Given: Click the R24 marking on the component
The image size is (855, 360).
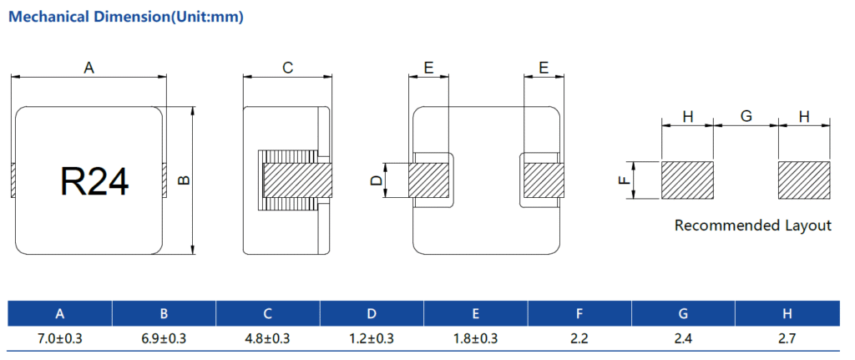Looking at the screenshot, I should coord(95,180).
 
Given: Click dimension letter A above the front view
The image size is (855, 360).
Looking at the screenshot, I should coord(89,68).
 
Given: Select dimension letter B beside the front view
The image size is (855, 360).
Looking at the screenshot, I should coord(185,180).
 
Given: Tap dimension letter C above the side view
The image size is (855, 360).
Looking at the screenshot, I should coord(287,68).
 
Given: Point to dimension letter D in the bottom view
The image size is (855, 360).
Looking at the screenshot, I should coord(377,180).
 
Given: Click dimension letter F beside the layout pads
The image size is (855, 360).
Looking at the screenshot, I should coord(622,180).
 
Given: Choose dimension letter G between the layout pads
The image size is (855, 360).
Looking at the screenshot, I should coord(746,117).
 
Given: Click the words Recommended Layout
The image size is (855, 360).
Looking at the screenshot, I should coord(752,226).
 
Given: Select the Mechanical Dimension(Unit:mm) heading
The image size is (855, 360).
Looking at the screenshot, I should coord(125,18).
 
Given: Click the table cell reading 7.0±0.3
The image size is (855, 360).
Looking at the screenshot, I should coord(60,338).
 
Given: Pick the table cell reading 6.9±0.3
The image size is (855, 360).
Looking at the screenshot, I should coord(164,338).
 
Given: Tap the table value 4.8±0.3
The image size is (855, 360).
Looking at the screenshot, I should coord(267,338).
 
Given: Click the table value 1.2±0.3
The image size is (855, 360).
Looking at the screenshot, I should coord(372,338).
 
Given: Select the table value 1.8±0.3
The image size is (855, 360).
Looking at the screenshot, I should coord(475,338).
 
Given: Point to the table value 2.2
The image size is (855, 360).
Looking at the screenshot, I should coord(579,338).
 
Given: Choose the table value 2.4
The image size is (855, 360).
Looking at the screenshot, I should coord(683,338).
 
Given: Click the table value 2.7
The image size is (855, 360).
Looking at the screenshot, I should coord(787,338).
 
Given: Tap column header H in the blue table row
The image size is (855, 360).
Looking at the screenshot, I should coord(787,314).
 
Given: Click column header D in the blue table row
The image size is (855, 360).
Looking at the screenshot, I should coord(372,314).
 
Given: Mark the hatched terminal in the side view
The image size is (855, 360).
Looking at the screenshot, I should coord(297,180).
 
